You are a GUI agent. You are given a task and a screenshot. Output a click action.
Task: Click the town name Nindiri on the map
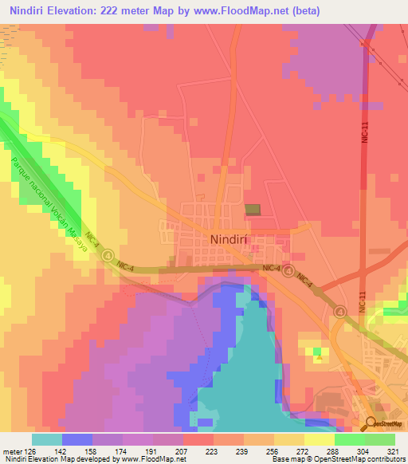[x=233, y=238]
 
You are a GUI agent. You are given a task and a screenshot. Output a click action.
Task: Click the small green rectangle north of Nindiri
[x=253, y=210]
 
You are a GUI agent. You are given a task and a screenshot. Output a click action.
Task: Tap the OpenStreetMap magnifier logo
[x=372, y=422]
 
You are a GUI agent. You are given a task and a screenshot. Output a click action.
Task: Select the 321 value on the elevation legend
[x=394, y=450]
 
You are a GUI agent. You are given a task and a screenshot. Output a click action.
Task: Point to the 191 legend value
[x=153, y=450]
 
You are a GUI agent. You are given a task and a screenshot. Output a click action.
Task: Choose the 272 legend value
[x=304, y=450]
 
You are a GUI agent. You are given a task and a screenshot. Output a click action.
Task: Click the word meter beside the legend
[x=12, y=450]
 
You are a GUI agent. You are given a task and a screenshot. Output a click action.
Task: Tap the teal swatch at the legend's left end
[x=47, y=439]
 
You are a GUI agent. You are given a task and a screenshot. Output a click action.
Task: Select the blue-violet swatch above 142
[x=77, y=439]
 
